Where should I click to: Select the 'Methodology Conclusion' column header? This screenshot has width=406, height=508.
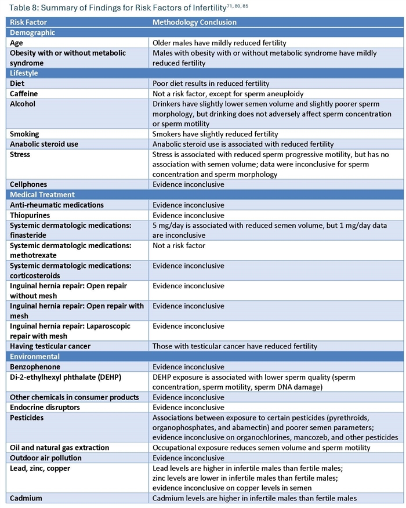(194, 23)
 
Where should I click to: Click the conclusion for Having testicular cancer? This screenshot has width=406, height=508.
(235, 346)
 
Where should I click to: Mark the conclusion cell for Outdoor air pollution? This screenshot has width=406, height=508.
(188, 458)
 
